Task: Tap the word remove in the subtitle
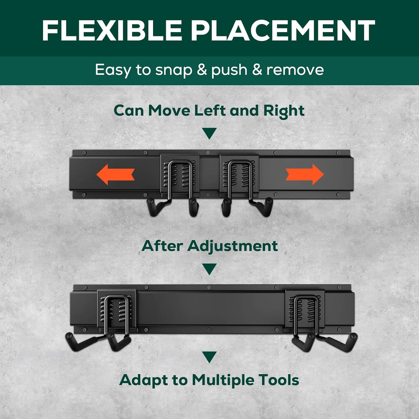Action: (295, 70)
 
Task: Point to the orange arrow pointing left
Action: (115, 174)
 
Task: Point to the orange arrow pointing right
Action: (305, 174)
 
